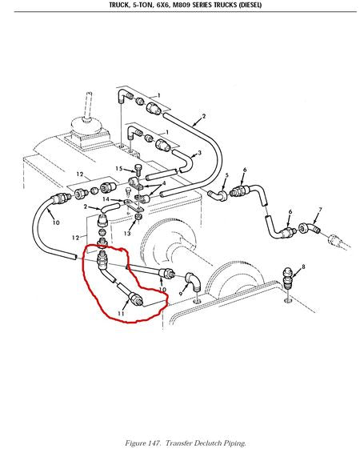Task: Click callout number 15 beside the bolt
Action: click(119, 168)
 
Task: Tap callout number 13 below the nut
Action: click(127, 233)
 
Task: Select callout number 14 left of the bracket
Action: click(106, 199)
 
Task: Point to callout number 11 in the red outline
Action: click(121, 314)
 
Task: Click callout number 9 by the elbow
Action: click(181, 294)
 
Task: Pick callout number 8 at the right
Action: click(303, 267)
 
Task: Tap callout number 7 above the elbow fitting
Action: click(320, 210)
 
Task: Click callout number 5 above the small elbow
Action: click(226, 175)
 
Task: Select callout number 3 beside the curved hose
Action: click(199, 152)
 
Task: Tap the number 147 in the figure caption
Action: click(155, 443)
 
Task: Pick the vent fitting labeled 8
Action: click(287, 278)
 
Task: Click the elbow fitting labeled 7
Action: click(310, 228)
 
